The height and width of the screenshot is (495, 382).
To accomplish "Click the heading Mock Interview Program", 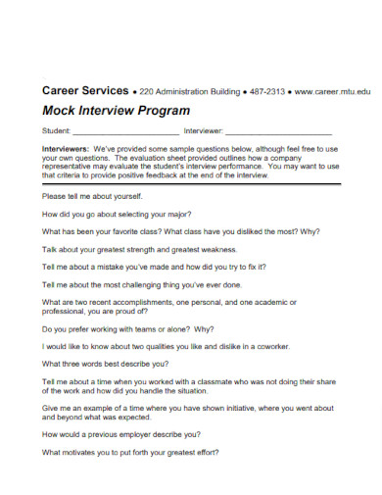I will [116, 111].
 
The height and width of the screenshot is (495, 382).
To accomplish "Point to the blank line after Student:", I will [125, 130].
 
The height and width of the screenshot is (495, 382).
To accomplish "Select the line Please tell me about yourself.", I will [94, 194].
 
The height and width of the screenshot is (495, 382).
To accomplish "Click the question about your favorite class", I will [167, 231].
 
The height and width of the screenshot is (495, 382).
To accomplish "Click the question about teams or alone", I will [128, 328].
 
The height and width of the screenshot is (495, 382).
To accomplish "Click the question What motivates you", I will [131, 452].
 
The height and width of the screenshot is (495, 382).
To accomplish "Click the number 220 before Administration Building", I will [146, 91].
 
